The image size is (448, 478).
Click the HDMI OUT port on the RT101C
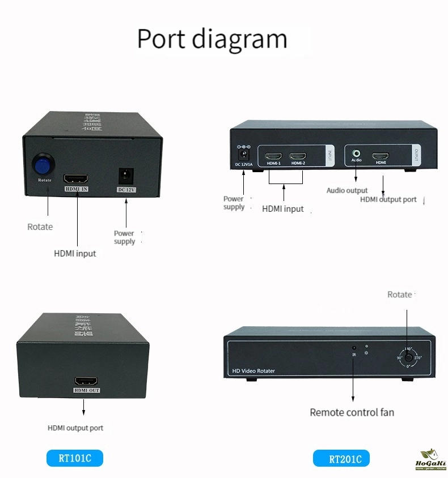point(86,382)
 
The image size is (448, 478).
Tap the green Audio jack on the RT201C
point(356,153)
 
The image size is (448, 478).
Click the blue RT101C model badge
point(75,458)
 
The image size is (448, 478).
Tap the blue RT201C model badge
point(341,458)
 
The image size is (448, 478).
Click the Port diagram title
point(212,39)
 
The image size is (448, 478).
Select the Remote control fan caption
point(352,412)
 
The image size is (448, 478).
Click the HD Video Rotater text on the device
point(253,371)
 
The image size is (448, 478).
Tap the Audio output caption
point(347,190)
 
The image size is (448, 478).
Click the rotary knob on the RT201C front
point(407,358)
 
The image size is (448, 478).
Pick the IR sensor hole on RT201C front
point(354,347)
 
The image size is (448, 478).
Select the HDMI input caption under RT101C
point(75,253)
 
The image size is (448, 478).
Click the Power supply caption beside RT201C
point(234,203)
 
